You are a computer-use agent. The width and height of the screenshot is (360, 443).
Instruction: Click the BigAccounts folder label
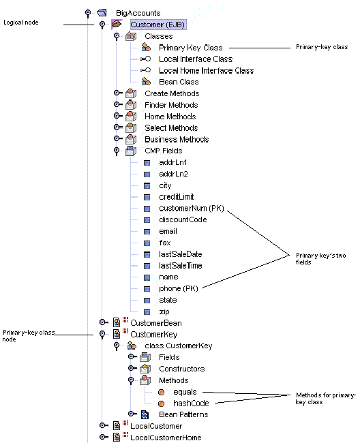[x=138, y=12]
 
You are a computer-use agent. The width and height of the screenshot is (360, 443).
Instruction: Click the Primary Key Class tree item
[x=190, y=48]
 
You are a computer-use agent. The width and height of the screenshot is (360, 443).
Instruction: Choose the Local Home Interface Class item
[x=196, y=70]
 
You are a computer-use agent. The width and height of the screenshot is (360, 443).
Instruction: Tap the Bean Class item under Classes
[x=179, y=82]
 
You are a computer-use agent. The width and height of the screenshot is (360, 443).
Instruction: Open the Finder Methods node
[x=171, y=105]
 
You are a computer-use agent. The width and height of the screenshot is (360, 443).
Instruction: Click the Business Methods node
[x=177, y=139]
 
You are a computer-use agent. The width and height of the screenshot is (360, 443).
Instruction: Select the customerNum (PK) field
[x=191, y=208]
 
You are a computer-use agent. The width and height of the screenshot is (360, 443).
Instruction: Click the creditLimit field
[x=176, y=196]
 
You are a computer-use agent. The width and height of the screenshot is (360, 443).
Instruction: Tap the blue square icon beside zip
[x=147, y=311]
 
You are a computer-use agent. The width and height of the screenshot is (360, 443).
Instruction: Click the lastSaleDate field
[x=180, y=254]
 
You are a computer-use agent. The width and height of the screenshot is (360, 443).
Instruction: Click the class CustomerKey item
[x=178, y=346]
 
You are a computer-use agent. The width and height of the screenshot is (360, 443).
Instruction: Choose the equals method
[x=185, y=392]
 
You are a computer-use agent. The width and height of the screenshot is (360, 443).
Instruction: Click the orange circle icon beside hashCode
[x=161, y=403]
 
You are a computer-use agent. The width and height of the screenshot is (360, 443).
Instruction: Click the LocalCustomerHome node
[x=166, y=437]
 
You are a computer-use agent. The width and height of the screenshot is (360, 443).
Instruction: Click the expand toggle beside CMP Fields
[x=117, y=151]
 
